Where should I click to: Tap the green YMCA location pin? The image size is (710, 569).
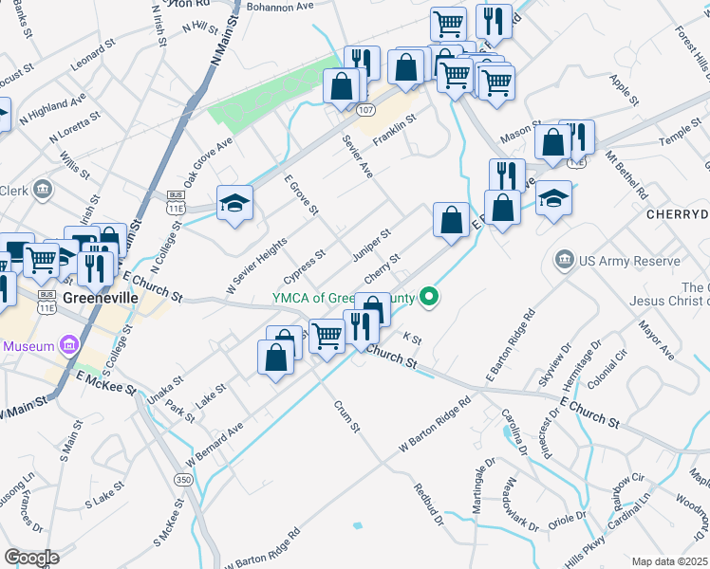pyautogui.click(x=430, y=298)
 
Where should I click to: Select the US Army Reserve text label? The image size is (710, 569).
pyautogui.click(x=628, y=261)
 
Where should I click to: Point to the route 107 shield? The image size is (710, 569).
pyautogui.click(x=366, y=110)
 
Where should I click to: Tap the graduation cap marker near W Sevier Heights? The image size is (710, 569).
pyautogui.click(x=234, y=203)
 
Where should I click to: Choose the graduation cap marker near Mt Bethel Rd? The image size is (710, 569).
pyautogui.click(x=553, y=198)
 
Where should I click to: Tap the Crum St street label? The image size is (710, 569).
pyautogui.click(x=346, y=416)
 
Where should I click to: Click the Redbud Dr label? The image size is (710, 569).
pyautogui.click(x=428, y=504)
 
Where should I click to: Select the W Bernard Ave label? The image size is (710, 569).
pyautogui.click(x=215, y=442)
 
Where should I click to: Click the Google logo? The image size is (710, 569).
pyautogui.click(x=31, y=558)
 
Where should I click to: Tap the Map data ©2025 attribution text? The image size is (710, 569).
pyautogui.click(x=670, y=561)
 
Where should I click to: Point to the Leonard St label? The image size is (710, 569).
pyautogui.click(x=92, y=53)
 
